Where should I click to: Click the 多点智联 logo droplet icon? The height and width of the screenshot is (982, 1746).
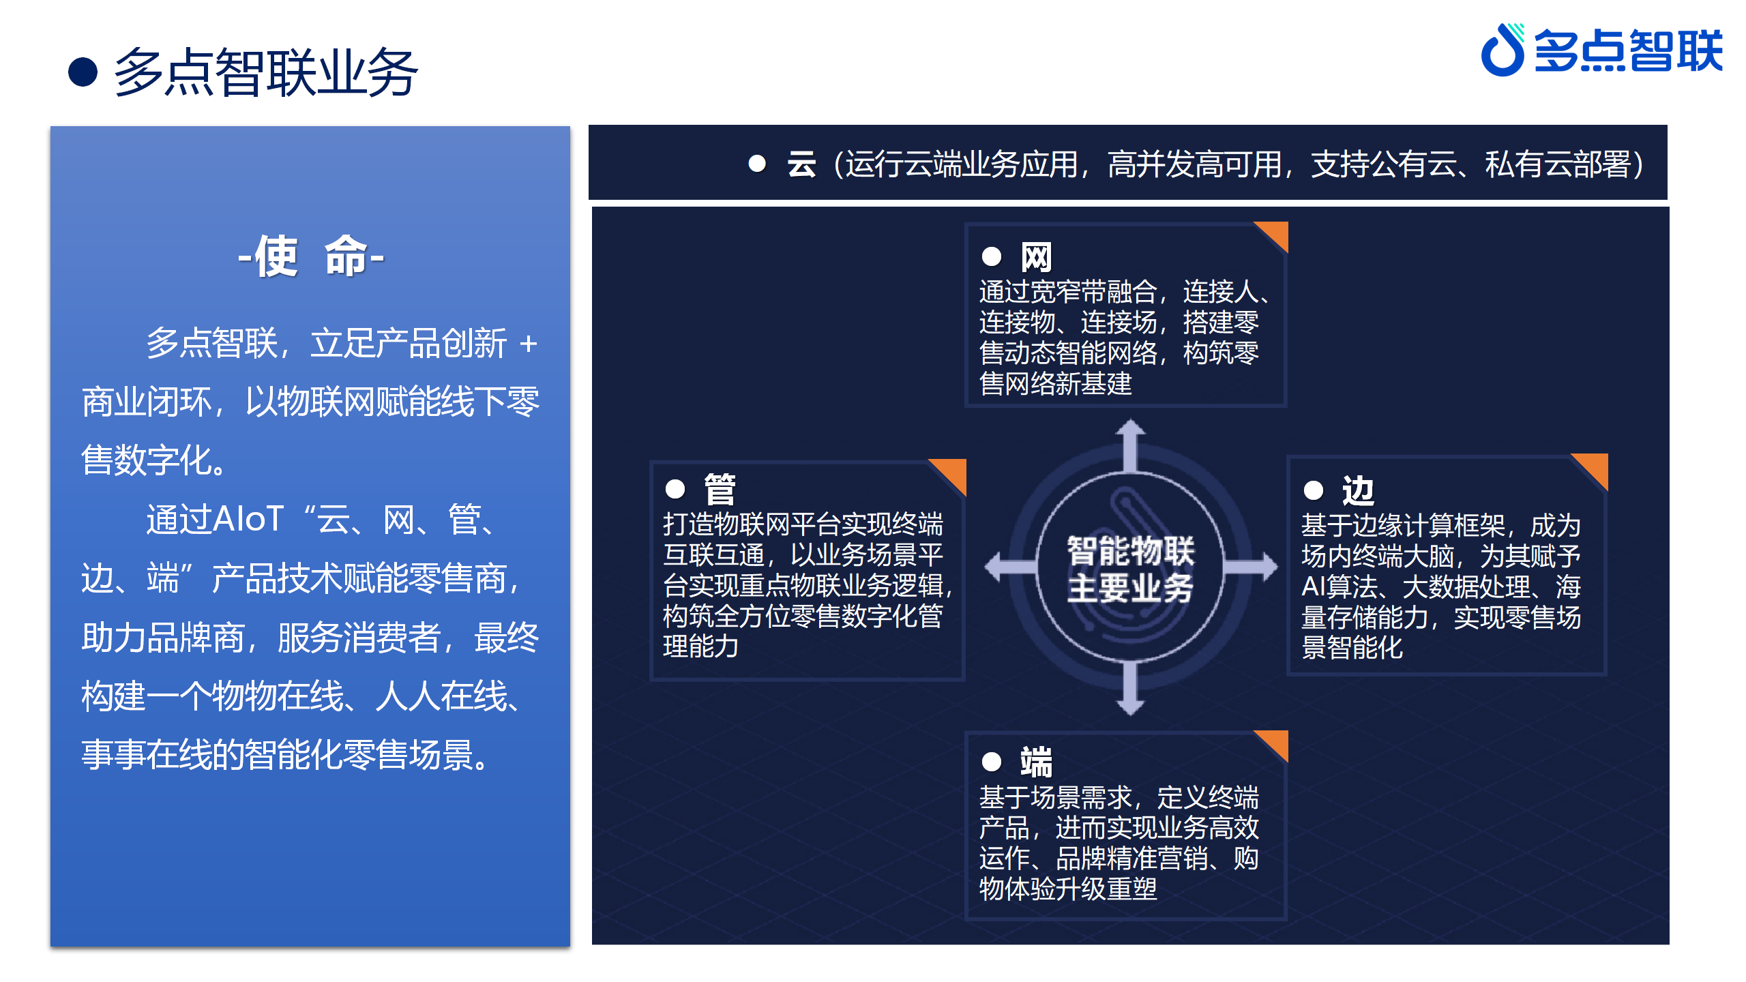(x=1503, y=50)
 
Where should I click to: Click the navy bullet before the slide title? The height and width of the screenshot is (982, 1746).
(x=83, y=72)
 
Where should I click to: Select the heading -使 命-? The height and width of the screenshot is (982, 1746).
(x=311, y=256)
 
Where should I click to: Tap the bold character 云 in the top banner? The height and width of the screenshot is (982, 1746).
(x=801, y=164)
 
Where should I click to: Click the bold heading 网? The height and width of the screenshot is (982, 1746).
(x=1036, y=257)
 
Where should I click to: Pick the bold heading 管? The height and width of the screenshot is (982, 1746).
(x=720, y=489)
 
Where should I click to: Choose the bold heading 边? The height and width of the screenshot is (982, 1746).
(x=1358, y=490)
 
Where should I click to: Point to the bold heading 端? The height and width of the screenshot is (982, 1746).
(x=1036, y=762)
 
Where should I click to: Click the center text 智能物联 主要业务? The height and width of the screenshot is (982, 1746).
(x=1130, y=569)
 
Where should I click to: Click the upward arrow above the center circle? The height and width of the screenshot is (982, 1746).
(x=1130, y=445)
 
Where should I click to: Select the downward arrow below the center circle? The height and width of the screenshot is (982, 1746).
(x=1130, y=689)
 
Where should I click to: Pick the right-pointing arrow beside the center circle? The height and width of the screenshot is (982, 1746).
(x=1251, y=567)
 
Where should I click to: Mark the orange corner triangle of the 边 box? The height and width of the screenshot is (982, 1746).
(x=1595, y=466)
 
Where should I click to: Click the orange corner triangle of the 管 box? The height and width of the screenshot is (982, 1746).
(x=953, y=472)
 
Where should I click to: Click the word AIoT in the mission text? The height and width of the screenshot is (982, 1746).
(x=248, y=520)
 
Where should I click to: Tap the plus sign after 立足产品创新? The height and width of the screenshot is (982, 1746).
(x=528, y=344)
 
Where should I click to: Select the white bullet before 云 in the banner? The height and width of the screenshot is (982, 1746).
(x=757, y=164)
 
